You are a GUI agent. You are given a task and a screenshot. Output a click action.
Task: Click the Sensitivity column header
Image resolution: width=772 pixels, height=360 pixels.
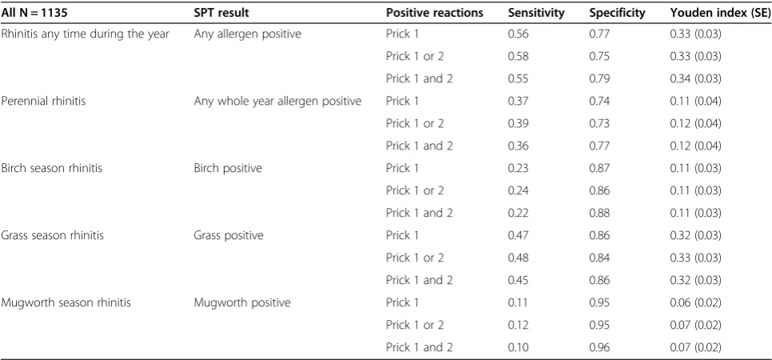(x=536, y=14)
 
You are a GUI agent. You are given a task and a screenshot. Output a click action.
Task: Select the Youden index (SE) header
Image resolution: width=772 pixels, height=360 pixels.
(x=720, y=14)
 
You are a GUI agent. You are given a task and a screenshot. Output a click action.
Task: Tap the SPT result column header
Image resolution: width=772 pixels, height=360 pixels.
(x=221, y=14)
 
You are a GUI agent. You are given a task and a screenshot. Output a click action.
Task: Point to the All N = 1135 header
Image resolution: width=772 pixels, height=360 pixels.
(x=34, y=14)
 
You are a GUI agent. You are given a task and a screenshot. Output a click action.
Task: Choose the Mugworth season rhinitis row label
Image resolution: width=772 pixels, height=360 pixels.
(x=66, y=302)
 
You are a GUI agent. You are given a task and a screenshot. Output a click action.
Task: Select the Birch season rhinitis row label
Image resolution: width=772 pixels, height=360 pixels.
(x=52, y=168)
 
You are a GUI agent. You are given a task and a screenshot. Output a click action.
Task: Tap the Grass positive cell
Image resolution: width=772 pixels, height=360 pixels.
(x=229, y=235)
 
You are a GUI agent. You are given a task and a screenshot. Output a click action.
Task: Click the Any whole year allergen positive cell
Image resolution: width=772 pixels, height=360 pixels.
(x=278, y=101)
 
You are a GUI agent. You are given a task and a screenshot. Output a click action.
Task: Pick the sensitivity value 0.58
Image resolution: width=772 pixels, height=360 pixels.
(x=518, y=56)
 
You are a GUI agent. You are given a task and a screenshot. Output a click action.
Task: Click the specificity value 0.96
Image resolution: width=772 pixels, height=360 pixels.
(x=600, y=347)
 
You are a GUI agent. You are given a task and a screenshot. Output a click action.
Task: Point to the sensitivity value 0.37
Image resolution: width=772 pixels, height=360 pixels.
(x=518, y=101)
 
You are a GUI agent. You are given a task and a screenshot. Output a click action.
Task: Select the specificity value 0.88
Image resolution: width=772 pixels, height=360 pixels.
(x=600, y=213)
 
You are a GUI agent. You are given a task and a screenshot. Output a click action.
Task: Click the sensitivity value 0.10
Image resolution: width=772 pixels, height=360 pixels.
(x=518, y=347)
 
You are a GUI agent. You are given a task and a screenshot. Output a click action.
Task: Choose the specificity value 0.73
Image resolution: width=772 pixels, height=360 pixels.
(x=600, y=124)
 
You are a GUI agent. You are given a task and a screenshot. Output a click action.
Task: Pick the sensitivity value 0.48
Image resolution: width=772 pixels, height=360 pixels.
(x=518, y=258)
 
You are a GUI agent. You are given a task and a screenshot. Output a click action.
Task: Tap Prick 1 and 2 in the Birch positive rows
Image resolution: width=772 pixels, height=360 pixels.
(x=419, y=213)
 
